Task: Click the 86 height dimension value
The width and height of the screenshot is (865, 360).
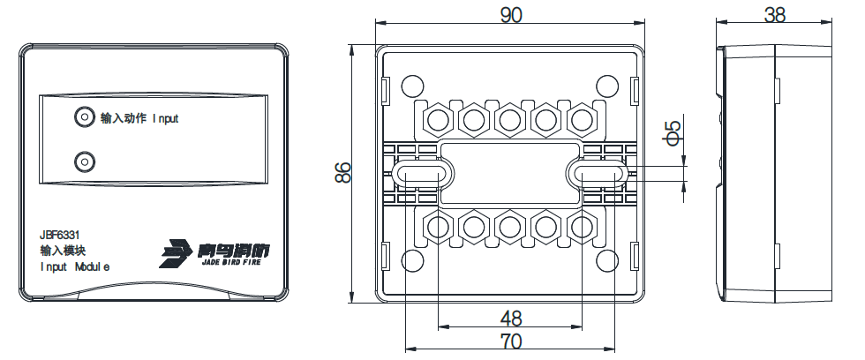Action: coord(343,173)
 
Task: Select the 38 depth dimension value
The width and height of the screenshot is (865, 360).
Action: coord(775,15)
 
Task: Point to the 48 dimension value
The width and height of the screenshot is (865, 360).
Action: coord(510,318)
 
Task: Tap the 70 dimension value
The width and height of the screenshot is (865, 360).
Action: coord(510,340)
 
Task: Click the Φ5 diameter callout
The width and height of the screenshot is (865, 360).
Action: coord(673,132)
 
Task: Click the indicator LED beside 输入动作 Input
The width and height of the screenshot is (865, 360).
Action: coord(84,117)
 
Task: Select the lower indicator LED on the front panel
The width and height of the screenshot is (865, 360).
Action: coord(84,161)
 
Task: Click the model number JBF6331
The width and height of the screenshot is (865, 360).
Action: coord(61,235)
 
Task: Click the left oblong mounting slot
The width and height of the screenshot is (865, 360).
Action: coord(421,173)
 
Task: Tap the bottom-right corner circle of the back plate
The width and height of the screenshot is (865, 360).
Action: coord(606,261)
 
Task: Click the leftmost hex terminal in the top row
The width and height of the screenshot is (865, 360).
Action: coord(439,118)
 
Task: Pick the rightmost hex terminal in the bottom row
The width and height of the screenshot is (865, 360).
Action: coord(581,228)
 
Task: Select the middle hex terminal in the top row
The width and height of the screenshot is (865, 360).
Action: coord(510,118)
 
